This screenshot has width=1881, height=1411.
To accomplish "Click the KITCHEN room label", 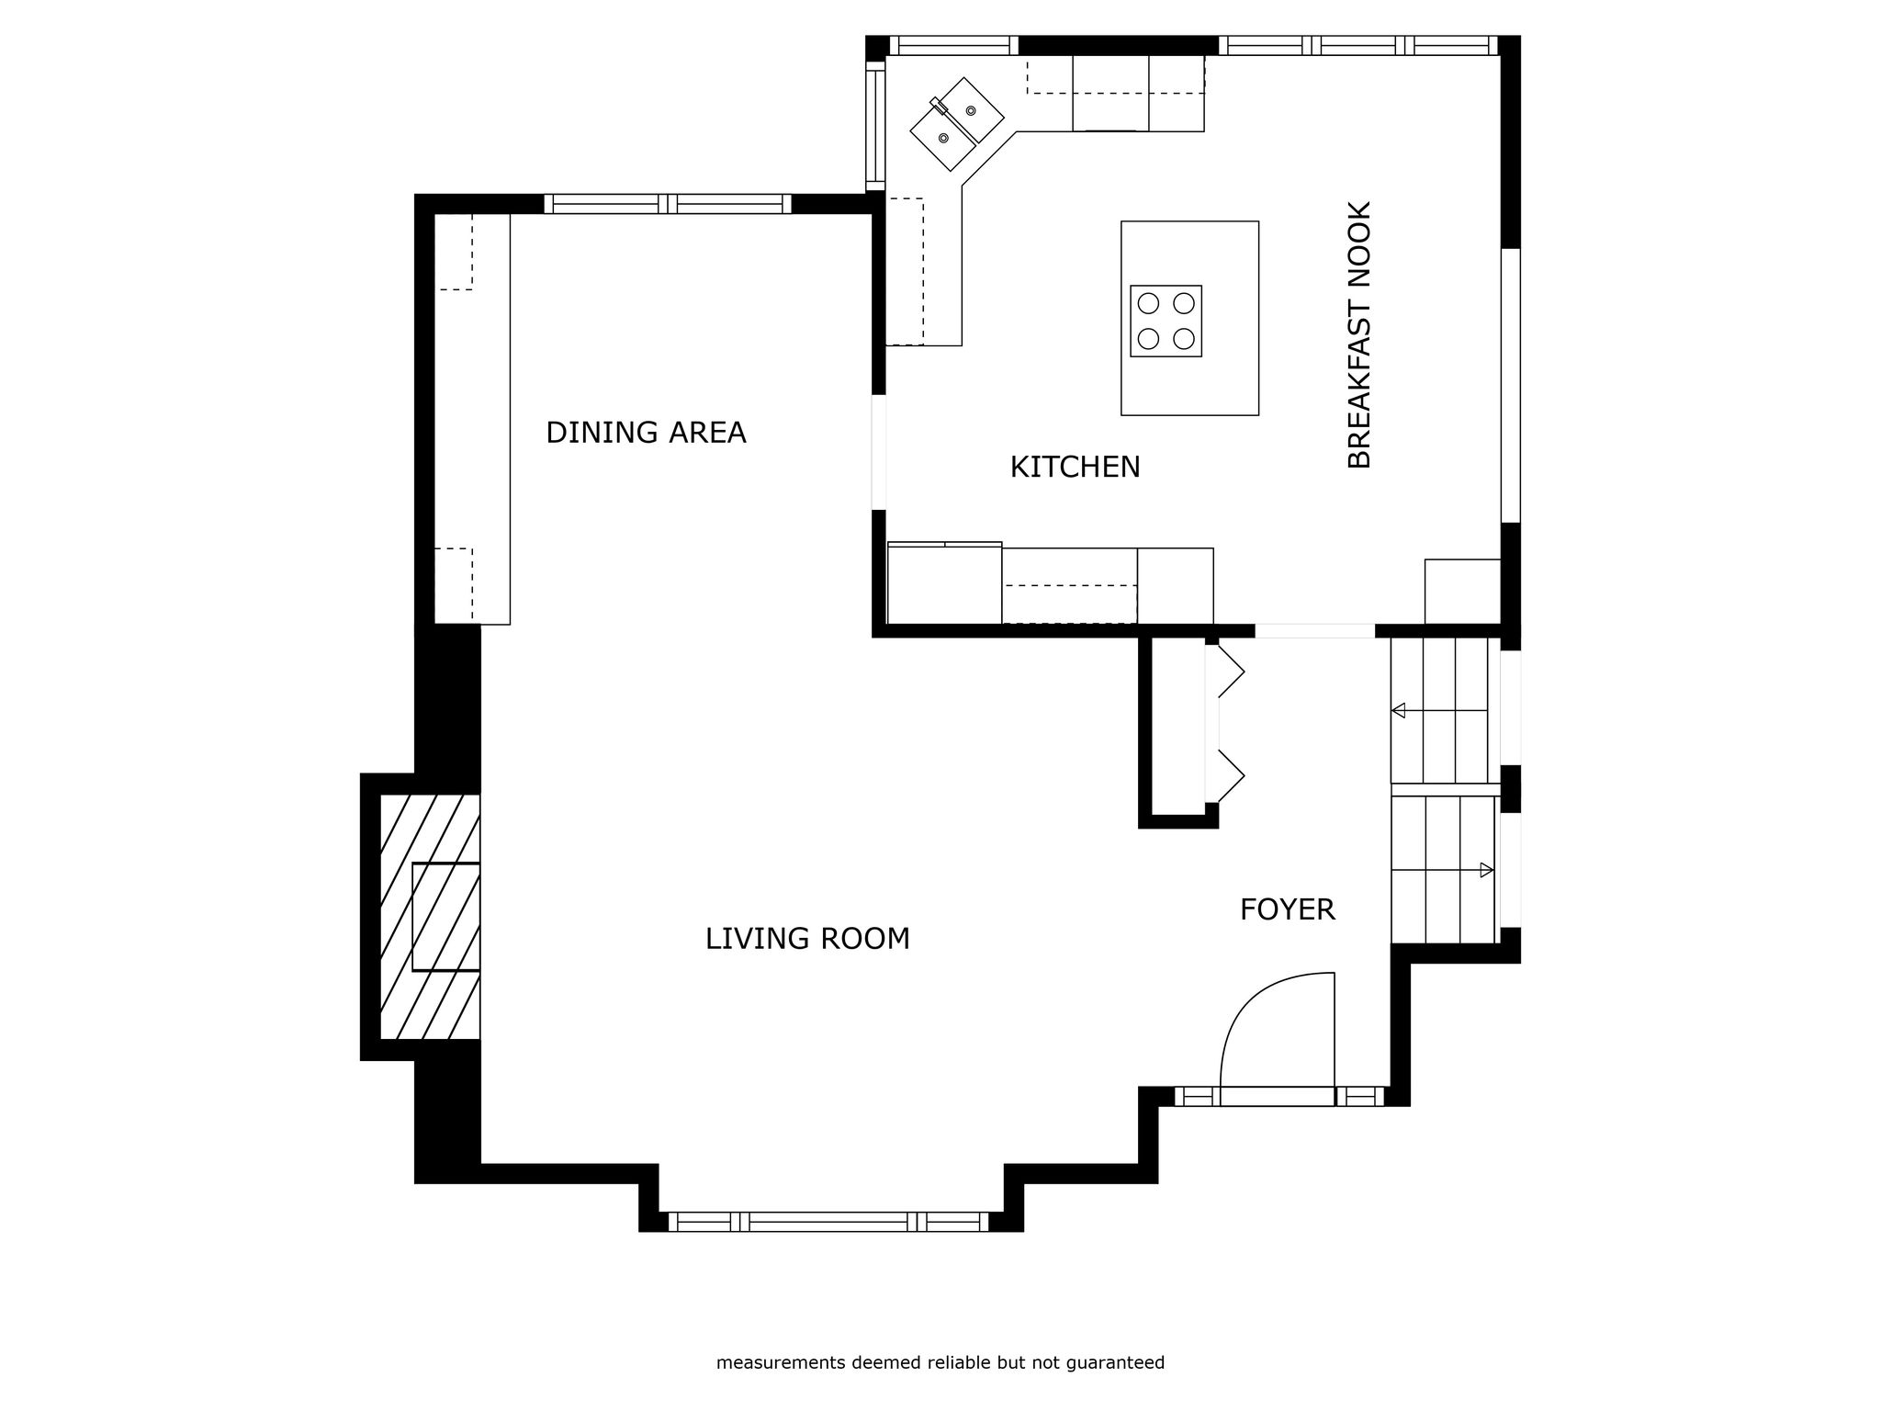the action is click(1075, 468).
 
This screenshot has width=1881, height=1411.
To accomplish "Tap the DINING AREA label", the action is click(646, 433).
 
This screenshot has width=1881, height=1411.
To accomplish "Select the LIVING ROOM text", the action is click(807, 939).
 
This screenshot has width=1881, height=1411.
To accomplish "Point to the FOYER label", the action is click(1287, 909).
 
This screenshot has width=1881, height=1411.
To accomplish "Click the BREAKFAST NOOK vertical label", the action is click(1359, 334).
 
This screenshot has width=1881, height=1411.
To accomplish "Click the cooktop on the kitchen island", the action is click(1166, 321).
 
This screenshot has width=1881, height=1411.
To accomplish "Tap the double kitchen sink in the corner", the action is click(957, 124).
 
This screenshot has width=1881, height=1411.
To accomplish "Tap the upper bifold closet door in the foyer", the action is click(1231, 672).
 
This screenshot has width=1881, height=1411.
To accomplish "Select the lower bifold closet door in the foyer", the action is click(1231, 776).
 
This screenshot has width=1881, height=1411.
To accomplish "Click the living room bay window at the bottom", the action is click(829, 1222).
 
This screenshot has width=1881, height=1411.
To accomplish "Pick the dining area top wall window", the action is click(668, 204).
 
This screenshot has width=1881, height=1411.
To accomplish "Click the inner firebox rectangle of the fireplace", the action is click(446, 917).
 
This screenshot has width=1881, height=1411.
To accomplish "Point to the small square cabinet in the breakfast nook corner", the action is click(1462, 592).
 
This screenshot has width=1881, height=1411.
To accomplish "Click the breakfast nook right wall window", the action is click(1511, 385).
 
